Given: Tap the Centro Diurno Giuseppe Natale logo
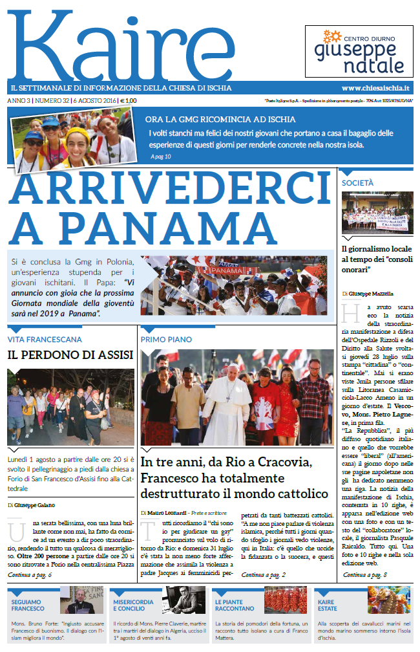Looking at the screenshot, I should (x=359, y=51).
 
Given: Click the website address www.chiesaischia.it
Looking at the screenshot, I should (x=377, y=87).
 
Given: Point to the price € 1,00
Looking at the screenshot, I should (x=128, y=100).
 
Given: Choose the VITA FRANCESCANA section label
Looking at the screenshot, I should (x=45, y=339).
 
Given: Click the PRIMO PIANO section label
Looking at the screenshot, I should (x=165, y=339).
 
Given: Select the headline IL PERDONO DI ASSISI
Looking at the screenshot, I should (x=70, y=355).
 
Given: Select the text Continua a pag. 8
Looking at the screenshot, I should (x=365, y=574).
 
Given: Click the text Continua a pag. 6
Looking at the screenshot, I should (x=30, y=574).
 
